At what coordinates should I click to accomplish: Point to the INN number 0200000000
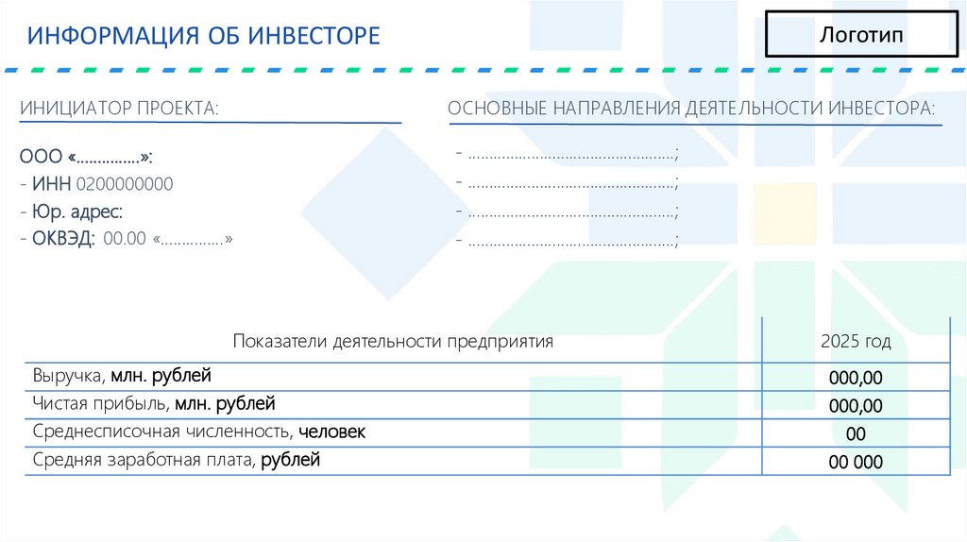[x=124, y=183]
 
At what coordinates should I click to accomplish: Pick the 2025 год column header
[x=856, y=342]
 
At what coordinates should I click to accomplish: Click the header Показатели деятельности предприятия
[x=393, y=342]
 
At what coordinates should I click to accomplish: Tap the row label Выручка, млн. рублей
[x=122, y=376]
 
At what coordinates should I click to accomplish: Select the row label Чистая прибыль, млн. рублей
[x=154, y=405]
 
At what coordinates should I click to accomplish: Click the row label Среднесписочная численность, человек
[x=198, y=432]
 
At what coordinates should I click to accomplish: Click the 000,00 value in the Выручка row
[x=856, y=379]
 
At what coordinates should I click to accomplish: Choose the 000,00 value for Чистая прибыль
[x=856, y=407]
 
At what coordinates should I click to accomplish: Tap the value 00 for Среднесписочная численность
[x=856, y=434]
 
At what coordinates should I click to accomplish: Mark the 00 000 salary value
[x=856, y=463]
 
